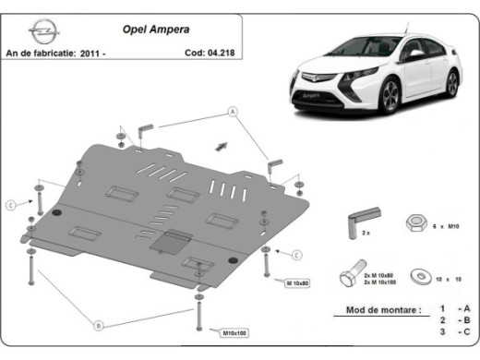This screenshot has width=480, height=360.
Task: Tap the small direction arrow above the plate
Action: [221, 145]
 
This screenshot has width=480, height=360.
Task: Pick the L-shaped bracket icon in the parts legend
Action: [355, 222]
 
